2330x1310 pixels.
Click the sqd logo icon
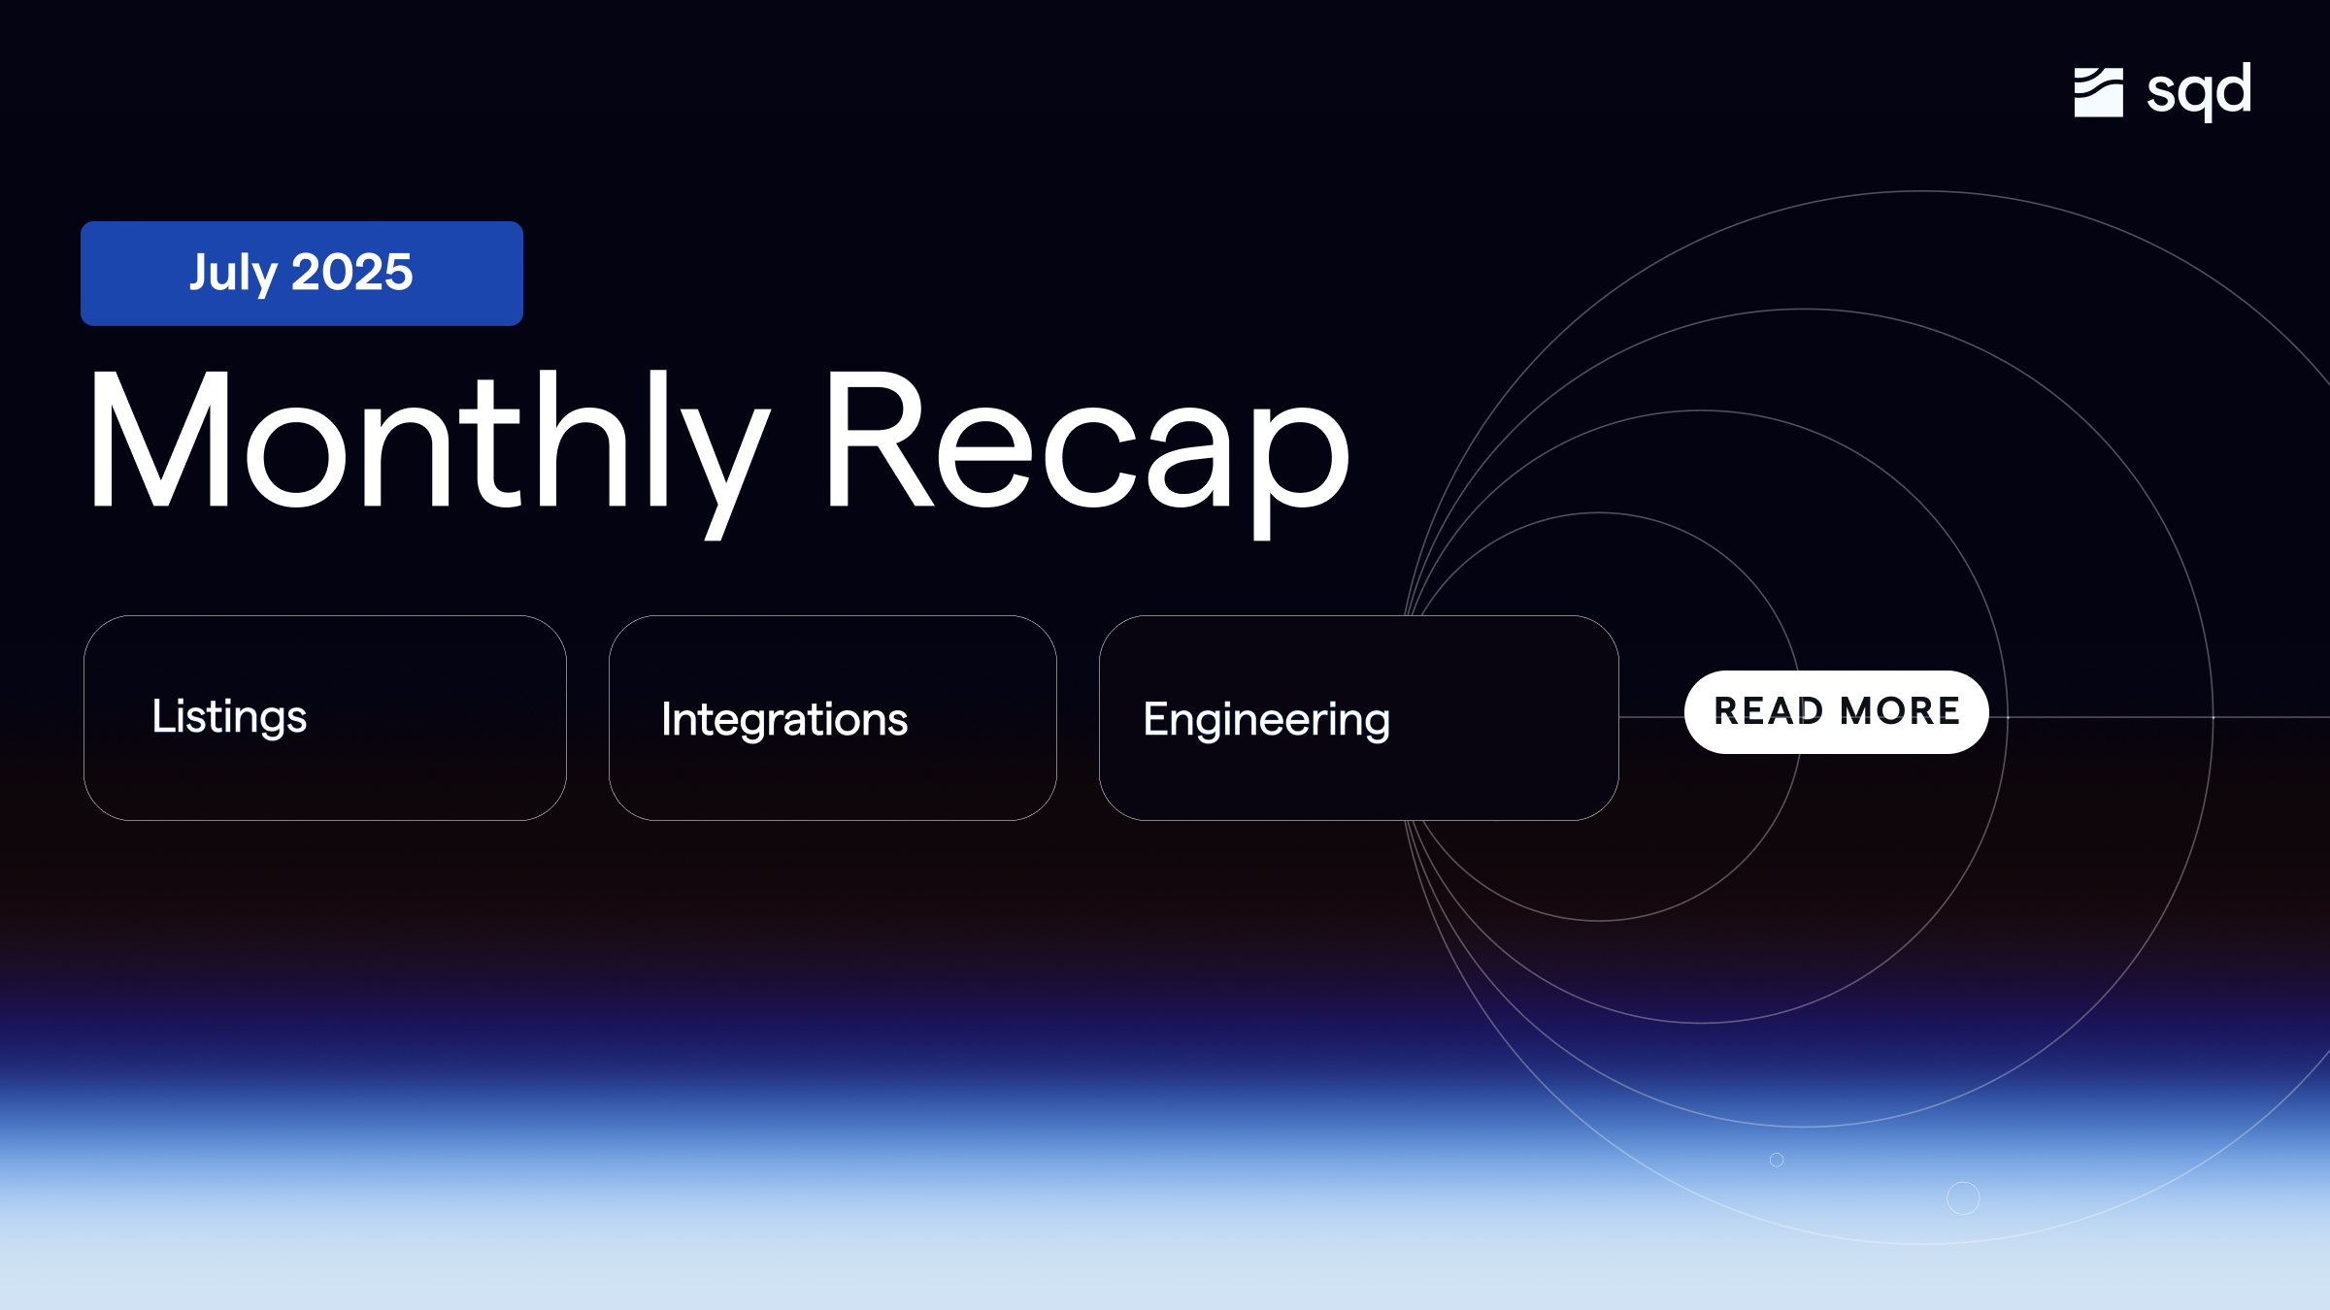(x=2098, y=92)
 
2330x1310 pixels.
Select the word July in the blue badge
(x=233, y=273)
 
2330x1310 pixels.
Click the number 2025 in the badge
(x=352, y=273)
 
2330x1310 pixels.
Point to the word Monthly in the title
(x=427, y=442)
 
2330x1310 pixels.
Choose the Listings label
(x=229, y=717)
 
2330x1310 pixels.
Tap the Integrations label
(x=784, y=720)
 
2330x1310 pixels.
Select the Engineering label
(x=1266, y=720)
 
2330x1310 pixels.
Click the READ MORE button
(x=1836, y=711)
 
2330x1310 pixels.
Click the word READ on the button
(x=1768, y=711)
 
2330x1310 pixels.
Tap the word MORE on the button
(x=1900, y=711)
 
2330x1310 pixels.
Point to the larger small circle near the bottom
(x=1963, y=1198)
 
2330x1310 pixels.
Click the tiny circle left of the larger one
(x=1777, y=1160)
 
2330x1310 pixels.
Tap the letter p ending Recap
(x=1301, y=466)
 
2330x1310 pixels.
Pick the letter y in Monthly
(x=723, y=466)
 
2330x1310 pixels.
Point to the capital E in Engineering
(x=1158, y=719)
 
